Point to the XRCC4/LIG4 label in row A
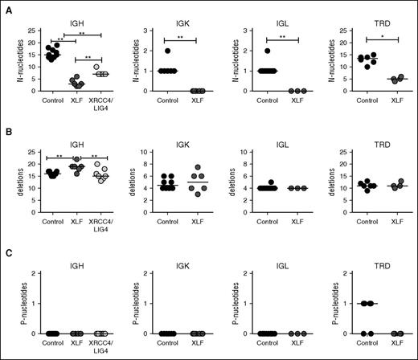(98, 116)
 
